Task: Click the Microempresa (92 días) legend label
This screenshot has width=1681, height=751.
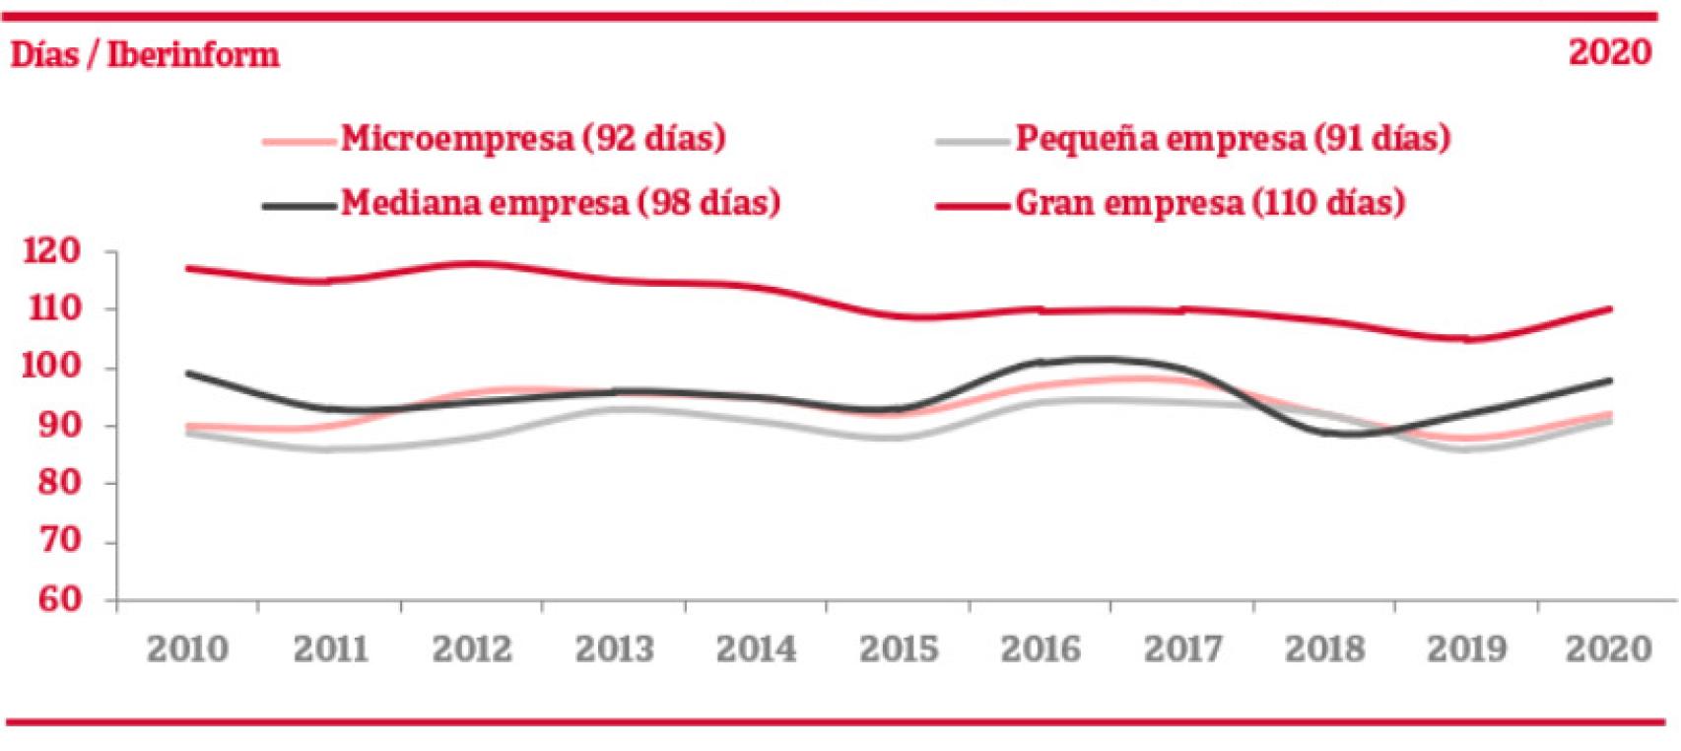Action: [533, 138]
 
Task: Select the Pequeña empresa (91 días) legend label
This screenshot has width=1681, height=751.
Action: [1232, 138]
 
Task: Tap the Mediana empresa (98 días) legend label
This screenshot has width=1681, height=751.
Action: [561, 203]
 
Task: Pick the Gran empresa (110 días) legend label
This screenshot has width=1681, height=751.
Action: [1209, 203]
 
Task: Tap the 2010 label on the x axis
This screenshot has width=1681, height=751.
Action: [187, 649]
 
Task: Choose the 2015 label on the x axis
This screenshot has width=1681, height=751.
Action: [899, 649]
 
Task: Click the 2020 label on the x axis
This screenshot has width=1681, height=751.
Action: [1608, 649]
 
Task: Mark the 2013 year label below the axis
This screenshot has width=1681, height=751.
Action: [614, 649]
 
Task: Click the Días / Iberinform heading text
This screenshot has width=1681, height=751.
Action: [145, 54]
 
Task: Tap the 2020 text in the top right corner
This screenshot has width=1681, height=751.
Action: [1610, 52]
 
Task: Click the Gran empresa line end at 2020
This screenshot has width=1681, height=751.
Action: [1609, 308]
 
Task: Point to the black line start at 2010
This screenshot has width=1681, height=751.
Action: [187, 374]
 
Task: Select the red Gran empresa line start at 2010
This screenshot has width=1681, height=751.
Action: [187, 267]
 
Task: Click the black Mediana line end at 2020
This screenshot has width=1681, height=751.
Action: [1609, 379]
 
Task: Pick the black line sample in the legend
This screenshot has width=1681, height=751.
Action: [300, 205]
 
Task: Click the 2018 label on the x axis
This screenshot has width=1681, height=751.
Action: [1324, 649]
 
